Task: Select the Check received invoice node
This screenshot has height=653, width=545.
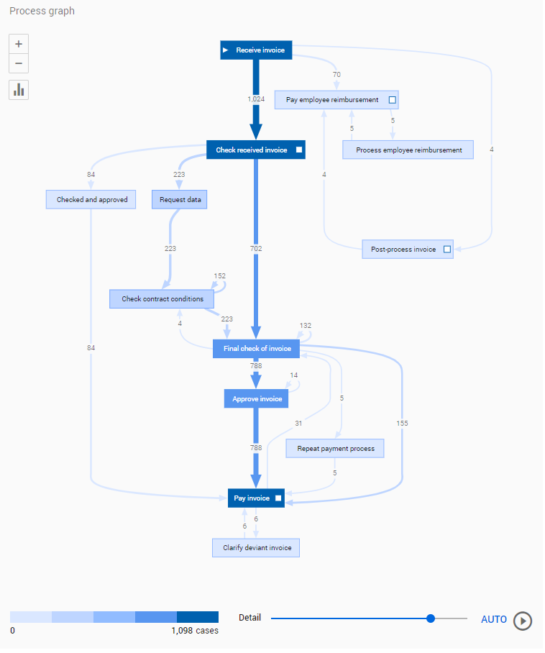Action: point(256,150)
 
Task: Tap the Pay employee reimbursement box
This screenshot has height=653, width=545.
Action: point(336,100)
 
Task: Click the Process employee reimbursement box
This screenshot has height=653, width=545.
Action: point(408,150)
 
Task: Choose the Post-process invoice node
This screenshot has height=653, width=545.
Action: point(408,250)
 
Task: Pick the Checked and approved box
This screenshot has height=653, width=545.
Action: point(92,199)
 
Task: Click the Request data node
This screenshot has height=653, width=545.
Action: point(179,199)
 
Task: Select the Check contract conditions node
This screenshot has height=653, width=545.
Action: point(162,298)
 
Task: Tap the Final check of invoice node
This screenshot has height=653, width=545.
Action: point(257,349)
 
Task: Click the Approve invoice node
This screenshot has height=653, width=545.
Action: point(257,398)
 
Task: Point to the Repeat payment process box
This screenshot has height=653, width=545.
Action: point(336,449)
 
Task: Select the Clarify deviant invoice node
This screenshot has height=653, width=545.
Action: point(256,547)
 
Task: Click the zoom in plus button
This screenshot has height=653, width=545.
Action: point(19,43)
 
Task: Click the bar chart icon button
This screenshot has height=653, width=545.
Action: point(19,90)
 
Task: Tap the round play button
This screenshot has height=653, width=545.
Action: point(523,620)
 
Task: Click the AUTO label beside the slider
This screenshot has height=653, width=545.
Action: point(493,620)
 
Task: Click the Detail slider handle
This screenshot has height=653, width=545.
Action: point(431,618)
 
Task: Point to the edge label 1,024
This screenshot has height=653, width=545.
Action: point(255,100)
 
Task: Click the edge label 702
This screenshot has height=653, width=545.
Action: point(256,249)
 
